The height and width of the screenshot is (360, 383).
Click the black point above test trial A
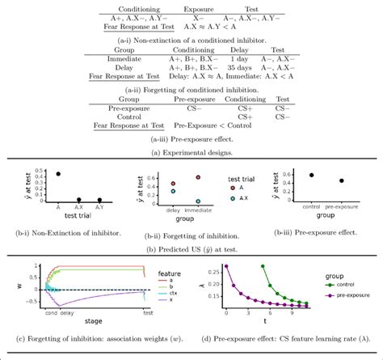(x=57, y=173)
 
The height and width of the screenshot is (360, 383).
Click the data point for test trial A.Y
(x=99, y=200)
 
